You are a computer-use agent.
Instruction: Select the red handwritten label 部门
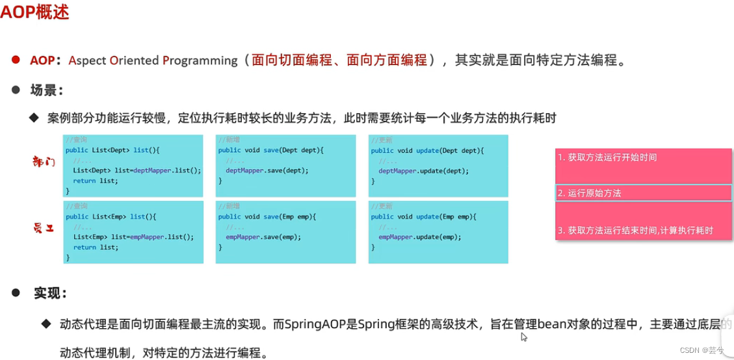coord(44,162)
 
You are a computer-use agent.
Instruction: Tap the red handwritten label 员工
coord(44,227)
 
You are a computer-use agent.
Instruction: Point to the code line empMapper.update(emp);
coord(419,237)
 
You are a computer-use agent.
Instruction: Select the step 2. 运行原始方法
coord(590,193)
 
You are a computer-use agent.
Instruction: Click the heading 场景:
coord(46,90)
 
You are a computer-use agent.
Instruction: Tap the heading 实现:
coord(50,293)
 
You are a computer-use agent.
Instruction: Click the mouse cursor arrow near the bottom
coord(523,337)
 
